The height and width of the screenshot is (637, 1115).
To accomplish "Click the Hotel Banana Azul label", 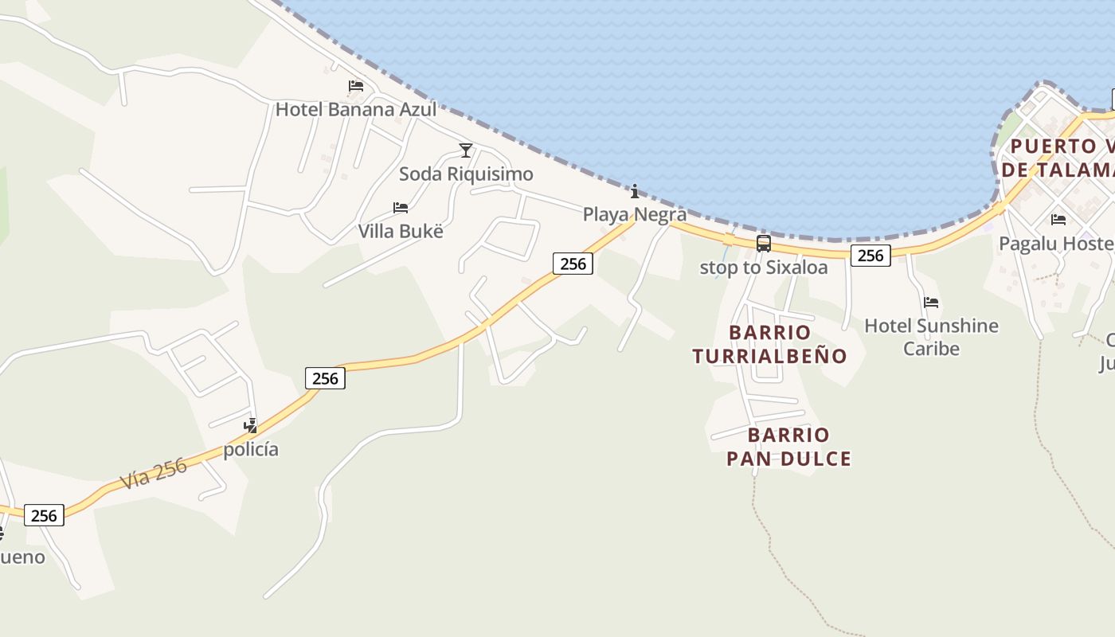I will [x=356, y=109].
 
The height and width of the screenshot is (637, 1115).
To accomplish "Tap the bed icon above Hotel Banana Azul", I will [x=356, y=86].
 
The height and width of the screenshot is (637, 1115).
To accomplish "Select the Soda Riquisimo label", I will [x=466, y=174].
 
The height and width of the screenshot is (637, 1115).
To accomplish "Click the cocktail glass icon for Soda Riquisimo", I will [x=466, y=150].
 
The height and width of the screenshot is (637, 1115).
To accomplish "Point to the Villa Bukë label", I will [x=401, y=231].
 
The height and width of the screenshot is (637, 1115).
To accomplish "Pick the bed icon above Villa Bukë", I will [x=401, y=208].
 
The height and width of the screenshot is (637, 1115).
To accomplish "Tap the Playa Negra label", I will [x=635, y=214].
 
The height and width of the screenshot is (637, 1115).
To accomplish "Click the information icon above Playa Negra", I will [x=635, y=191].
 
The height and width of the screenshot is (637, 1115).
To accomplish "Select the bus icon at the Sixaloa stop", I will [x=764, y=244].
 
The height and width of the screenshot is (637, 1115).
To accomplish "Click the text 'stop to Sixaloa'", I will [x=764, y=268].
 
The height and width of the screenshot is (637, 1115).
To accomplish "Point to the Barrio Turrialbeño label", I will [x=769, y=344].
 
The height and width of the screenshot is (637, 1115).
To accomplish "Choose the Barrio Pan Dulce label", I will [x=788, y=447].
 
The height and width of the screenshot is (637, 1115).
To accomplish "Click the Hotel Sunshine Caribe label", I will [x=931, y=337].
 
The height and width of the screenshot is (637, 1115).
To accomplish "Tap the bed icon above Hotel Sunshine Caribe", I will [x=931, y=303].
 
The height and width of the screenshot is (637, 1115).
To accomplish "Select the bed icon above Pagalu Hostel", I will [x=1058, y=220].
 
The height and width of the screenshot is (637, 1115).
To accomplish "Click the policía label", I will [x=251, y=449].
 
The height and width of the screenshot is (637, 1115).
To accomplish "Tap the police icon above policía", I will [x=251, y=426].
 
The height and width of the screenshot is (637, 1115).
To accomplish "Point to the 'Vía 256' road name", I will [x=154, y=474].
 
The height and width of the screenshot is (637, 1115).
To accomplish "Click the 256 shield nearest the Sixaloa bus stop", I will [x=870, y=255].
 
